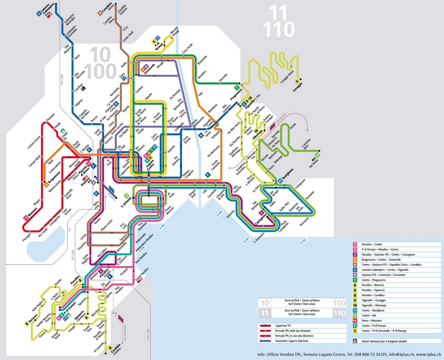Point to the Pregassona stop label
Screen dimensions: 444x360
pos(236,94)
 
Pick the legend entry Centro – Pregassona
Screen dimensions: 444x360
pos(373,280)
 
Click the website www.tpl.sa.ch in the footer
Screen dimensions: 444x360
pos(427,355)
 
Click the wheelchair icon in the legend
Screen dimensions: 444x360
pos(355,341)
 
